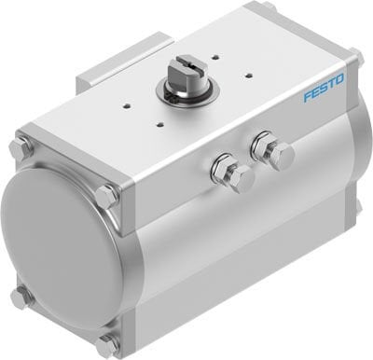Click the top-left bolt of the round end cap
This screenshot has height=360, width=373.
pos(20,147)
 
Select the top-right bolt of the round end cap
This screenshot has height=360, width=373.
pos(105,197)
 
